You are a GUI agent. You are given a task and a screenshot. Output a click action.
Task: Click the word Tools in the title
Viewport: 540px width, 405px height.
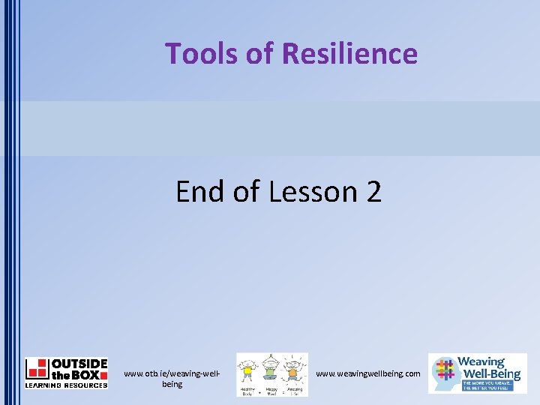197,54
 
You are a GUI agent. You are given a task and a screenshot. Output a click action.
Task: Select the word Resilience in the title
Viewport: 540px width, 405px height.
349,54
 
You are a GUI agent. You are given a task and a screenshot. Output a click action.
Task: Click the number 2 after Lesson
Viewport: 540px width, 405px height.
373,192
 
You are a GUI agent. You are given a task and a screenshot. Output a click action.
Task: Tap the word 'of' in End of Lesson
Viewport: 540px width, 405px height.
246,192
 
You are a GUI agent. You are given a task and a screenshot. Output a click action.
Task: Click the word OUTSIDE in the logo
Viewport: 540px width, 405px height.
79,363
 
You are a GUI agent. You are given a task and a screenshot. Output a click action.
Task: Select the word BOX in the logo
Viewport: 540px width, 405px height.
89,373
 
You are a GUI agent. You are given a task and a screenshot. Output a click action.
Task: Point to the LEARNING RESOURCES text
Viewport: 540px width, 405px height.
66,385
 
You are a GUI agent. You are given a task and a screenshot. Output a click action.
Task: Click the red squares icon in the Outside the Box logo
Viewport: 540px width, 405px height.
37,368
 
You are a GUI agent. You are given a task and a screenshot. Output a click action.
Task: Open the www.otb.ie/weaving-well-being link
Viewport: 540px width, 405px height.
172,379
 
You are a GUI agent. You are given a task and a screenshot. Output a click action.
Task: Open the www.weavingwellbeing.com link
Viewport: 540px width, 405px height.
367,373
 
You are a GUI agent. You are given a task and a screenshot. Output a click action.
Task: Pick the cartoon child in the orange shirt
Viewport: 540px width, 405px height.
294,371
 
